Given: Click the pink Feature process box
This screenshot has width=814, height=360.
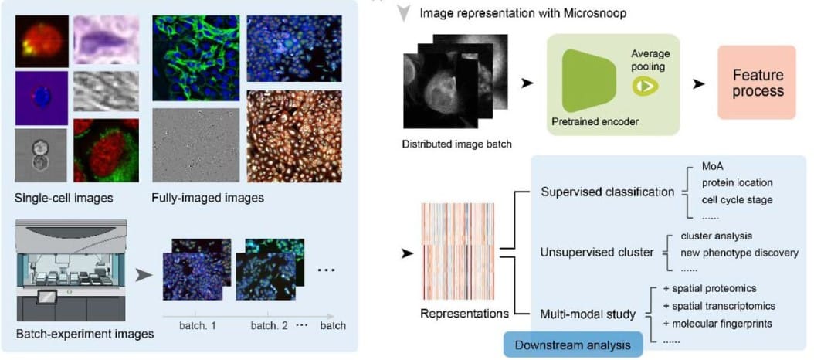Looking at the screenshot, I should click(757, 83).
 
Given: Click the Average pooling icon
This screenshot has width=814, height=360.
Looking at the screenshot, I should click(645, 87).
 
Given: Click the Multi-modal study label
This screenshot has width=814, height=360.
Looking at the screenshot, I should click(588, 314).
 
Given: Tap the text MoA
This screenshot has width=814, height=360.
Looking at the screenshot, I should click(712, 167).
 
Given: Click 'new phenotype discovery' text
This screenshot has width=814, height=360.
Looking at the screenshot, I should click(739, 252).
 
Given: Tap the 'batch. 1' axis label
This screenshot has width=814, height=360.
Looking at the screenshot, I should click(198, 325).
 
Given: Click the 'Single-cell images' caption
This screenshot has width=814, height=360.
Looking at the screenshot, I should click(64, 198).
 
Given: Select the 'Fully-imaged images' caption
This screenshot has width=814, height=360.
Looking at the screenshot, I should click(208, 198).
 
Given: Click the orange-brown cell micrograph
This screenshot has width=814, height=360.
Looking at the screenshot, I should click(293, 136).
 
